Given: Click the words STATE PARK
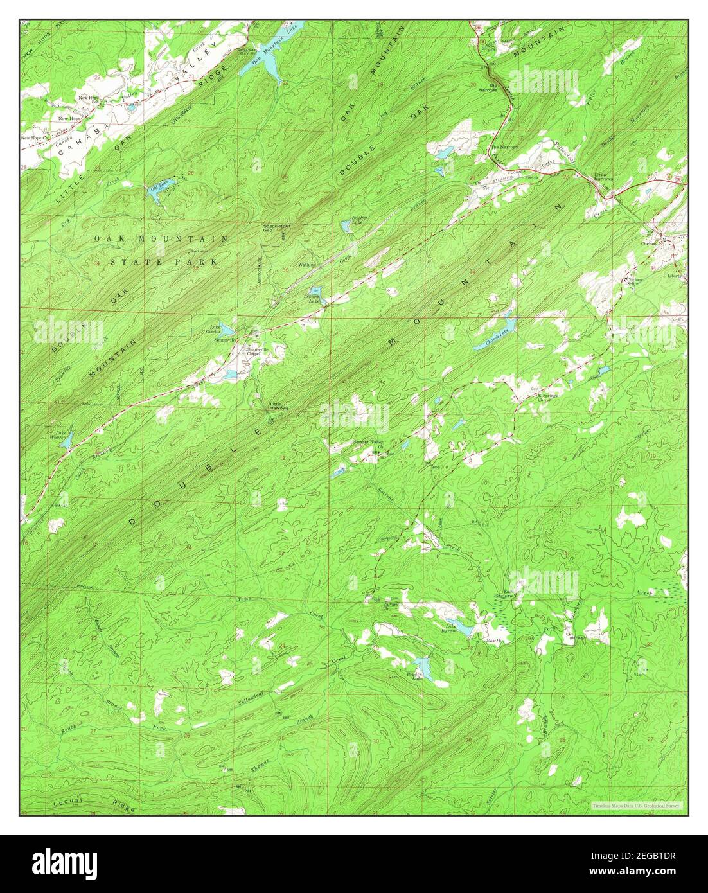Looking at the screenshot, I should point(164,261).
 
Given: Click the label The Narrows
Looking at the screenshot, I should point(504,147).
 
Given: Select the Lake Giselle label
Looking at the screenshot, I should point(213,330).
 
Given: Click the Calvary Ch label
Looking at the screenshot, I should point(391,606).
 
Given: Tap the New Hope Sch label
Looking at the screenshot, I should point(88,99).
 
